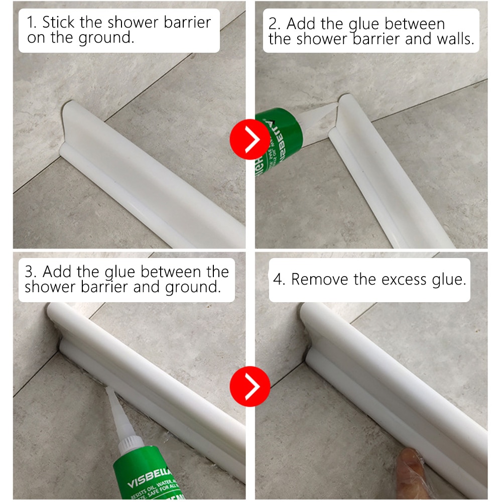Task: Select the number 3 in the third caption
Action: (31, 272)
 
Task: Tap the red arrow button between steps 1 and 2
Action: (249, 140)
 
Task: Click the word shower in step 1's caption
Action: (131, 23)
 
